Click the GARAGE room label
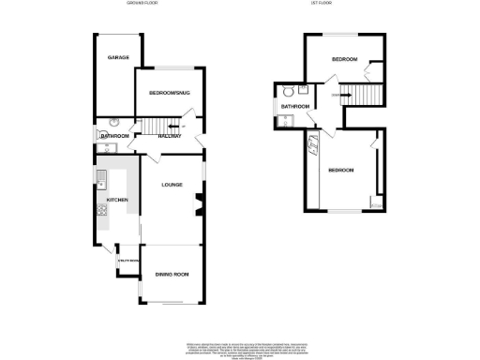tap(117, 57)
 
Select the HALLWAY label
tap(168, 137)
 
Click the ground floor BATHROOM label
tap(114, 137)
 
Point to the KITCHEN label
tap(117, 200)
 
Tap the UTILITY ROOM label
tap(127, 261)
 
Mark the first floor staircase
tap(352, 94)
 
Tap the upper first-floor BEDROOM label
tap(344, 59)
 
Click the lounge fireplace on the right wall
tap(198, 202)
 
